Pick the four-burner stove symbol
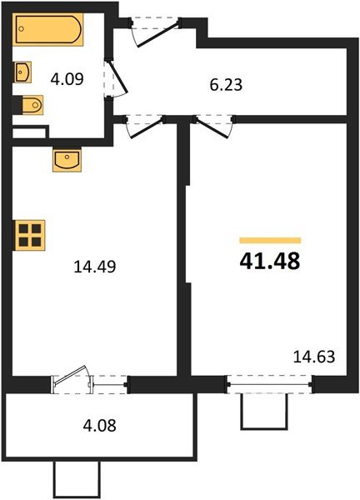(x=31, y=233)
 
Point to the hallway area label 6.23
(x=227, y=85)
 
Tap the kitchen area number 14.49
(x=94, y=267)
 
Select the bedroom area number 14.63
(x=313, y=358)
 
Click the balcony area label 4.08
(x=99, y=426)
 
